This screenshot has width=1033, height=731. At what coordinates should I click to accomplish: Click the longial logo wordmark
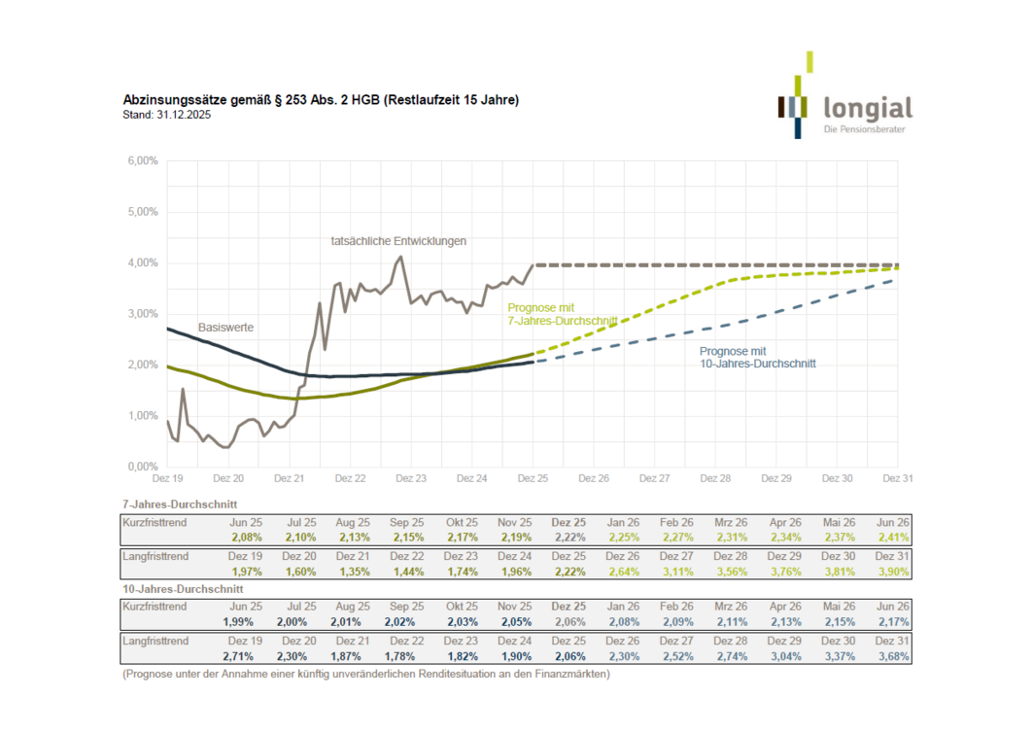(867, 106)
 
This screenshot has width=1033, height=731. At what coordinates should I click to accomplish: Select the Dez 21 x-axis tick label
(289, 478)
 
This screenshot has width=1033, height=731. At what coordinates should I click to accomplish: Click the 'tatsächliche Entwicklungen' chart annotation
(398, 240)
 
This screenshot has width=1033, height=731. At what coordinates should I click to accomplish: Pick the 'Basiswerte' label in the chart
(225, 328)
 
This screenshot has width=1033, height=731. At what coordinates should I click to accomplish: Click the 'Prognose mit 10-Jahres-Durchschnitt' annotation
(757, 357)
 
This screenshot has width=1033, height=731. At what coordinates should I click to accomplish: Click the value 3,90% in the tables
(891, 572)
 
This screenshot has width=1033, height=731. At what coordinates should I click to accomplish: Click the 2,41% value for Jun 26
(891, 537)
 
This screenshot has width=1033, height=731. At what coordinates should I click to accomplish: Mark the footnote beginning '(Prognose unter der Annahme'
(365, 674)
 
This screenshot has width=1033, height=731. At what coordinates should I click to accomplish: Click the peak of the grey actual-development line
(400, 257)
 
